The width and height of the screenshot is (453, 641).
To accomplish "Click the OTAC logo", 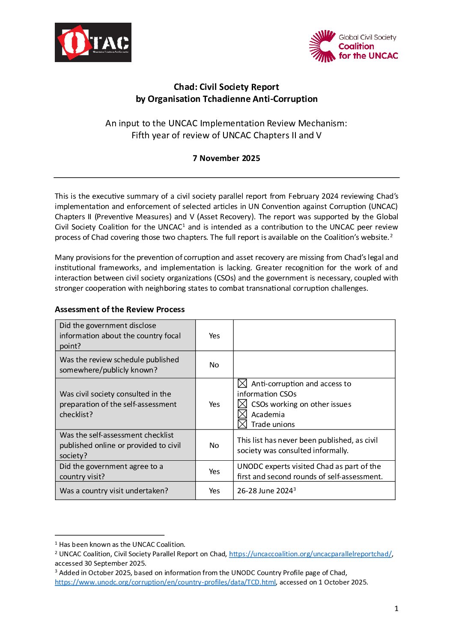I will click(93, 42).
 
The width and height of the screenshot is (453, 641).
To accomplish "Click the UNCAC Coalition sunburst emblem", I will click(323, 46).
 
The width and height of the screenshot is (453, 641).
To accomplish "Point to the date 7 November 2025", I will click(226, 158).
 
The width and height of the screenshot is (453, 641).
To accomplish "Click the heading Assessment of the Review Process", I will click(119, 310).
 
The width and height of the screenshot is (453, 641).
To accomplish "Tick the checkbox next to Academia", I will click(242, 414).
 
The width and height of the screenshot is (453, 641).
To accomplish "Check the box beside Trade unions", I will click(242, 424).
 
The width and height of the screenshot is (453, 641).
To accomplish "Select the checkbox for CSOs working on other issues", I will click(242, 404).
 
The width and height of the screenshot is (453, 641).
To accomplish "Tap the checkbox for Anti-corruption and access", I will click(242, 384).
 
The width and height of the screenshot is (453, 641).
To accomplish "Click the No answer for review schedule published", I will click(214, 365).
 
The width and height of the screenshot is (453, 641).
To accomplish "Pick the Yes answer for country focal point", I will click(214, 336).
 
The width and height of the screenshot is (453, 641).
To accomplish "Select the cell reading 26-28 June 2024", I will click(265, 491).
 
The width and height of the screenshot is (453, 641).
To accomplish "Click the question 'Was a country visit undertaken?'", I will click(113, 491).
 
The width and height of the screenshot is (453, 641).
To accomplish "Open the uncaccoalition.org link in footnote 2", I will click(310, 554).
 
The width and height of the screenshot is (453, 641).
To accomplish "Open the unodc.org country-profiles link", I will click(165, 582).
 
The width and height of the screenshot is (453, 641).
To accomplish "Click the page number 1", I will click(396, 608).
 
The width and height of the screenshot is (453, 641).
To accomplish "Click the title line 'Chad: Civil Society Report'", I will click(226, 87).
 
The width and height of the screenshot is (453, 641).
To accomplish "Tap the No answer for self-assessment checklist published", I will click(214, 445).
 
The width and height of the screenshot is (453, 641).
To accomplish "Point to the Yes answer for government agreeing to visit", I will click(214, 471).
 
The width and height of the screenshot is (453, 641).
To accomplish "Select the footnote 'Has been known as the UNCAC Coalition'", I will click(122, 545).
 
